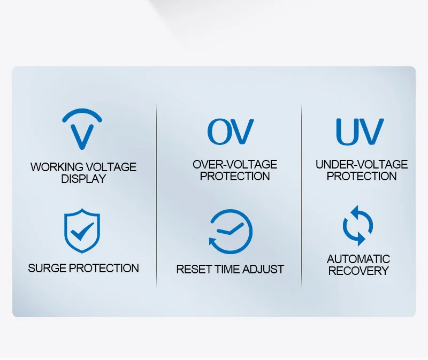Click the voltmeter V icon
tap(82, 136)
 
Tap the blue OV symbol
tap(231, 132)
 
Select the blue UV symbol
tap(360, 132)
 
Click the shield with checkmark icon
tap(82, 231)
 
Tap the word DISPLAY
tap(83, 179)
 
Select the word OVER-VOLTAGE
tap(235, 165)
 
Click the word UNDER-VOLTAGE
tap(362, 165)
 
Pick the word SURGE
tap(47, 269)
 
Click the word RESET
tap(194, 270)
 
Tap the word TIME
tap(227, 270)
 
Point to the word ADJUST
tap(263, 270)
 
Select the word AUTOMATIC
tap(358, 259)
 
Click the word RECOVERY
tap(358, 271)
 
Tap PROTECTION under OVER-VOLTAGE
tap(235, 177)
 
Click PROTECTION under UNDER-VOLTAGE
tap(362, 177)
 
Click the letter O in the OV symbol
tap(218, 132)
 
